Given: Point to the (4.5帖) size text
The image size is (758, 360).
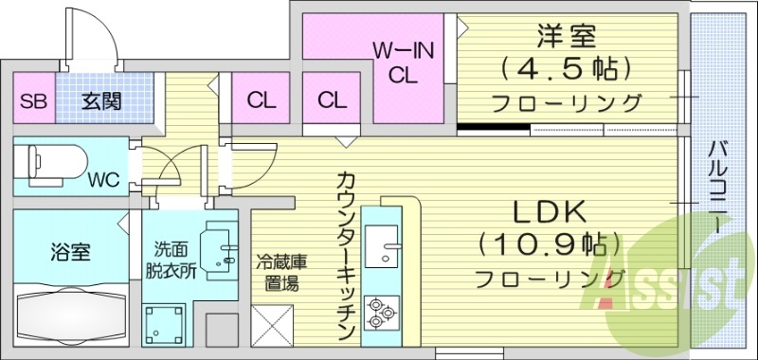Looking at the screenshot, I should pos(566,69).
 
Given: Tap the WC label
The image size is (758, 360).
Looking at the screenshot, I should pos(102,179).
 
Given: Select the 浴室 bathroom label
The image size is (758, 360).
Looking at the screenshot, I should pos(70,253).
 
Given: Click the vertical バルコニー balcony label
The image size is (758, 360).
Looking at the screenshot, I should pos(720,189).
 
